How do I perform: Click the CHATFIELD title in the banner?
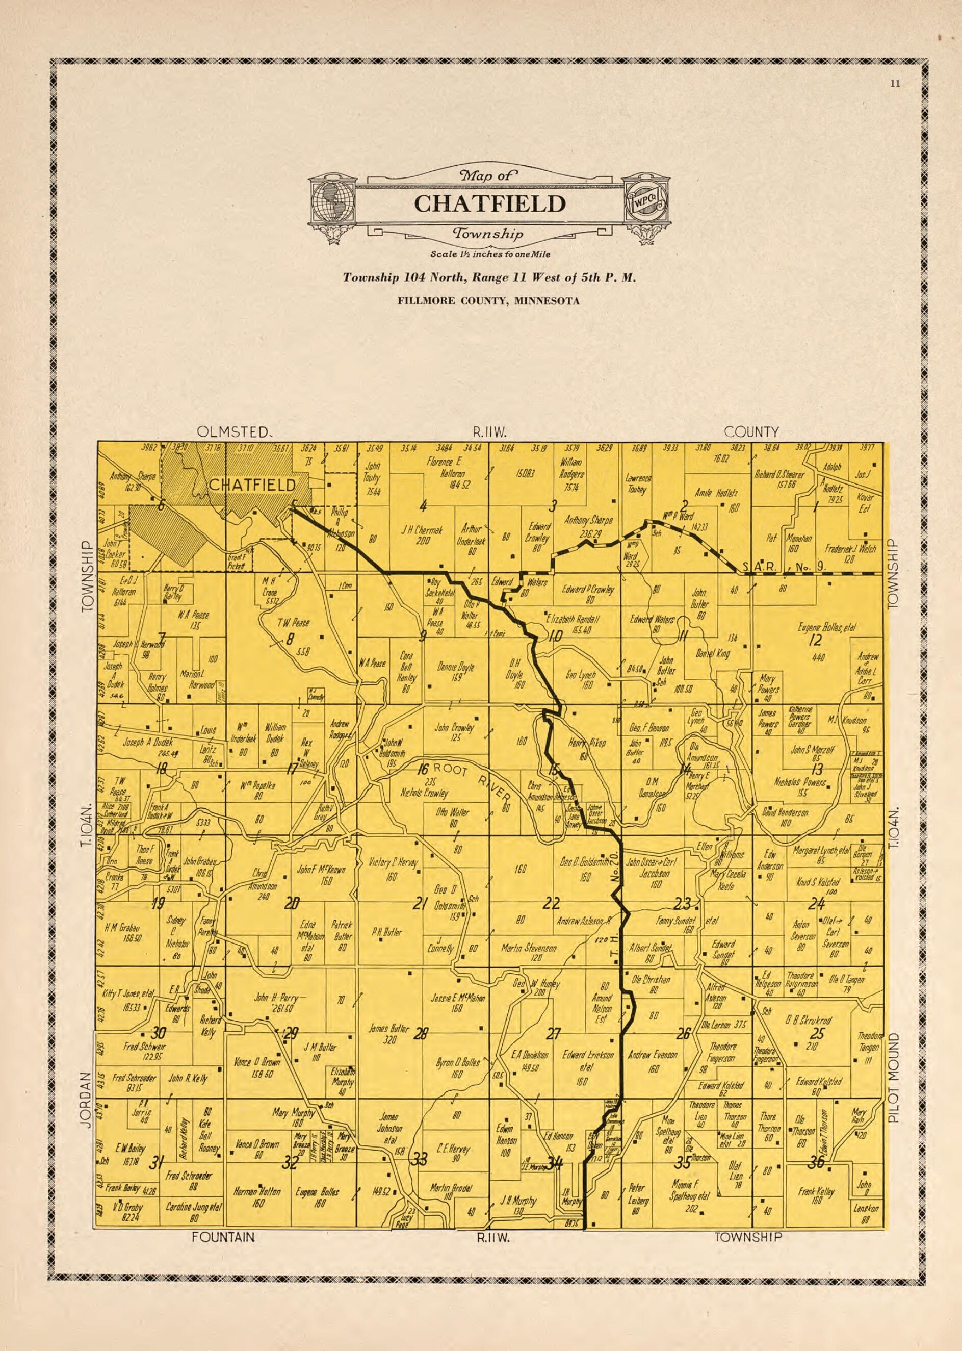pos(489,203)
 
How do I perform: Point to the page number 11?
pos(895,84)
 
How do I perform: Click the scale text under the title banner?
pos(490,254)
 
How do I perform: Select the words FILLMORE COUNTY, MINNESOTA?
pos(489,301)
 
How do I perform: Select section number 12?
pos(816,640)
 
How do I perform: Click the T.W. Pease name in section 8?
pos(293,623)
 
